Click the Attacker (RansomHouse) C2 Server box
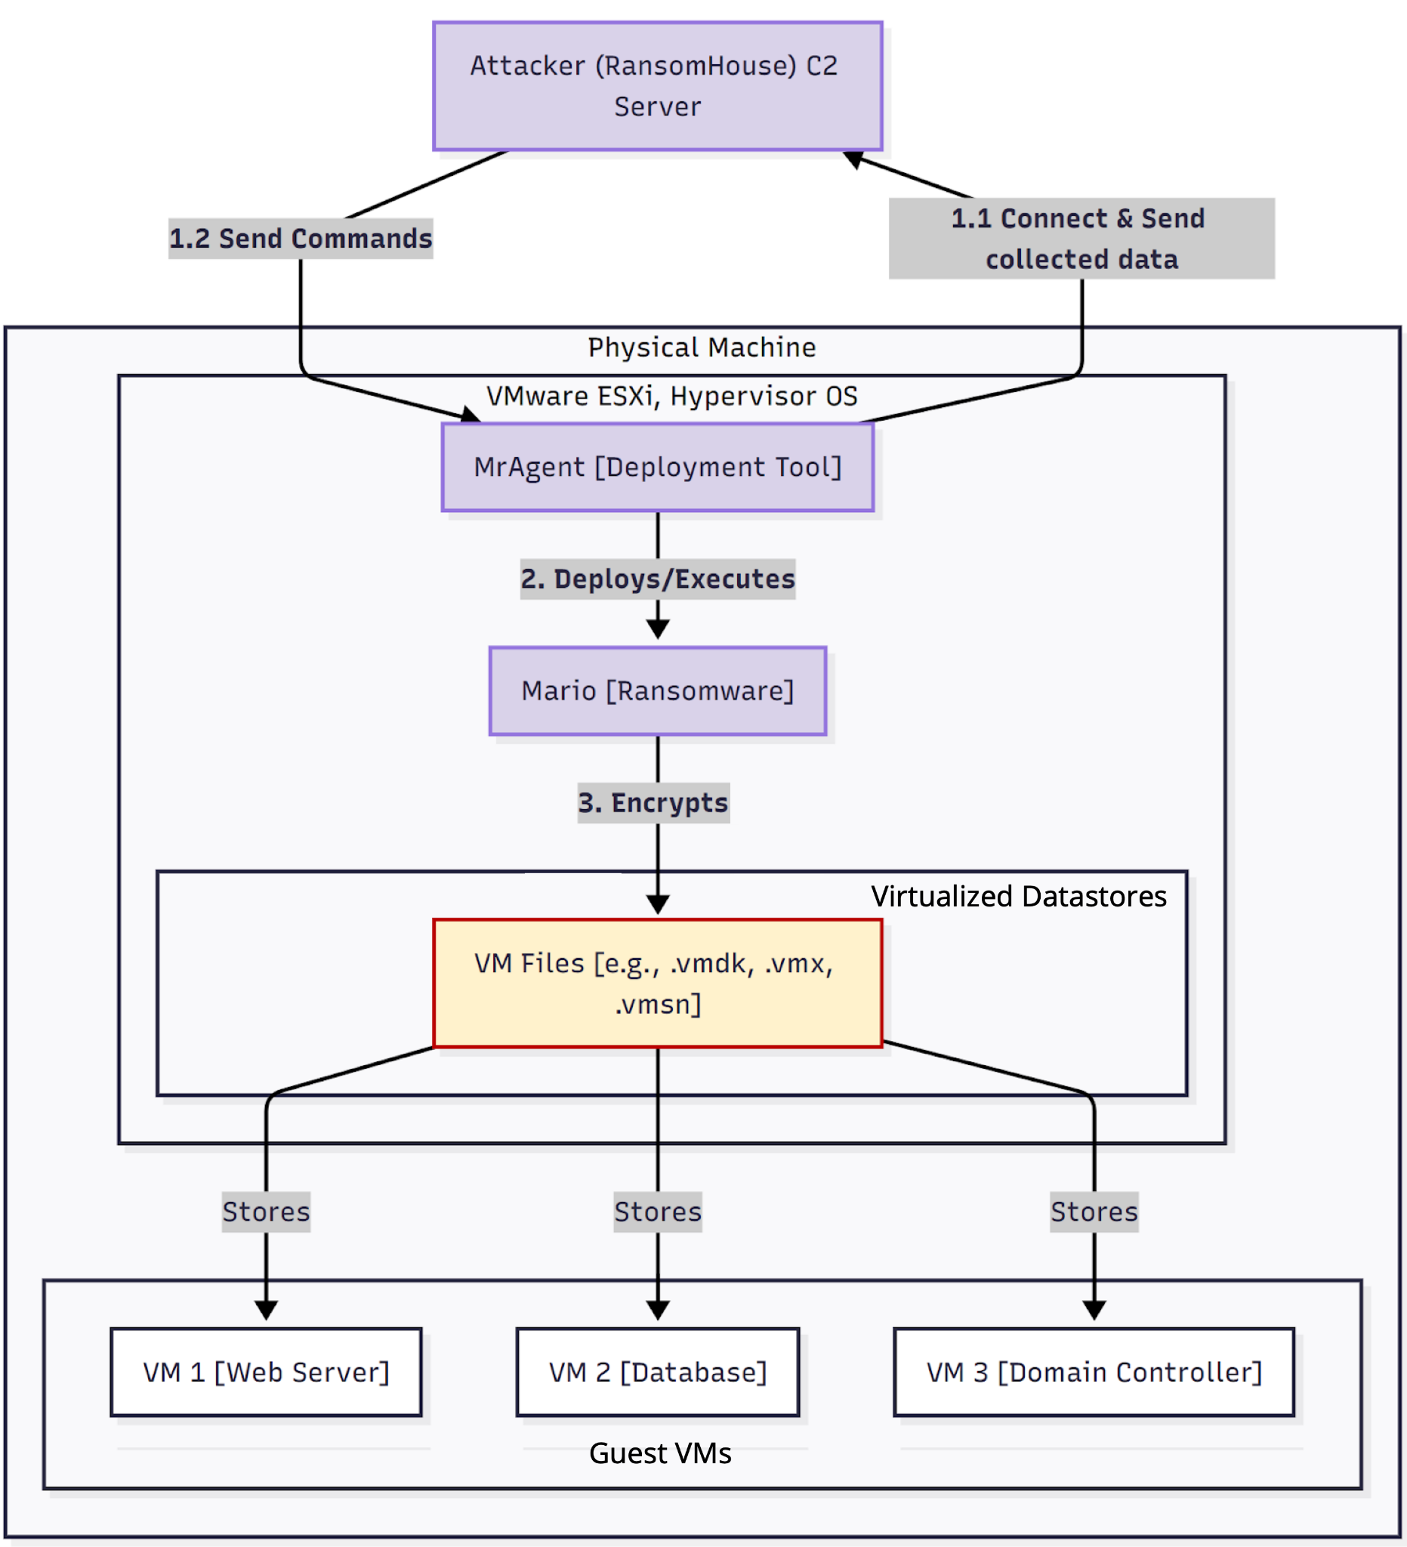658,86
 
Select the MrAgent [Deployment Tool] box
658,468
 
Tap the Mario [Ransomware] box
658,690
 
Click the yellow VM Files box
658,983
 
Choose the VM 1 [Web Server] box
266,1372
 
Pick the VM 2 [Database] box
658,1372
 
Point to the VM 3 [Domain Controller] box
1094,1372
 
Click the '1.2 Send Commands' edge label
301,239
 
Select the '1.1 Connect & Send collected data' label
1081,239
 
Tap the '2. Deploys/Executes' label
658,579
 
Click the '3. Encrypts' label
653,803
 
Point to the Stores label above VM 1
266,1212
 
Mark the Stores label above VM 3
1094,1212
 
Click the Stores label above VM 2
658,1212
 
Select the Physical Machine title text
702,347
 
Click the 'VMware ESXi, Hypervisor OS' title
672,396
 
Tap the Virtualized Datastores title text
1019,897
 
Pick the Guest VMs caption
660,1453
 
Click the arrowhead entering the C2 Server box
853,158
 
